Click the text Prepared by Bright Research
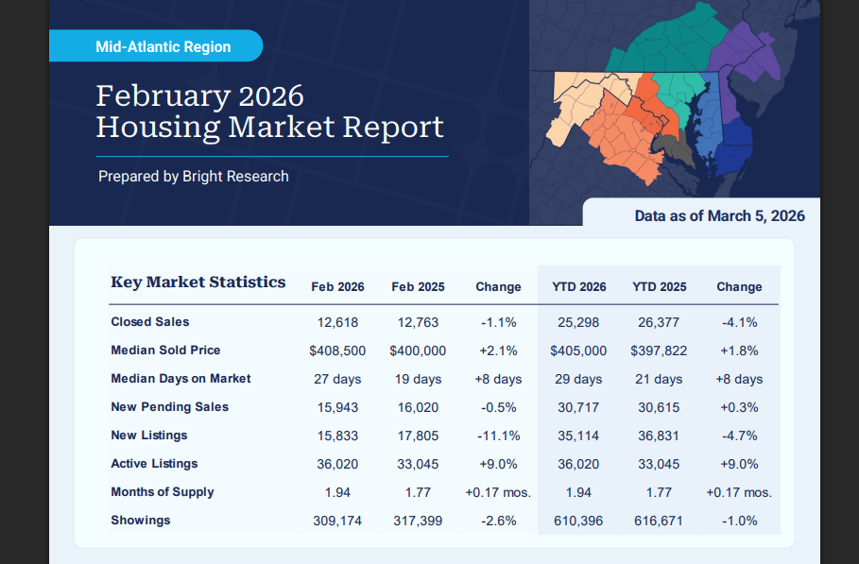[x=194, y=176]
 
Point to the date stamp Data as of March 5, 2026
[x=719, y=216]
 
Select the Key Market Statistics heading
[x=198, y=282]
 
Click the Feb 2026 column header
[x=337, y=287]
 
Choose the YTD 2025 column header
[x=660, y=287]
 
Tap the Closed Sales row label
[x=149, y=322]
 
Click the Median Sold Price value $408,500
[x=337, y=350]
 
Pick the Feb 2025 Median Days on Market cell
[x=418, y=379]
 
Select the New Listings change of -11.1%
[x=498, y=436]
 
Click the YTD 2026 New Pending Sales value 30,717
[x=578, y=407]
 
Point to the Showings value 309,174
[x=337, y=521]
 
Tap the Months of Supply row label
[x=162, y=492]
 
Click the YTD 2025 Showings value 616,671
[x=660, y=521]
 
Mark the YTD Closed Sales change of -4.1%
[x=739, y=322]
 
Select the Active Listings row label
[x=154, y=464]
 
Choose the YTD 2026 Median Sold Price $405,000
[x=578, y=350]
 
